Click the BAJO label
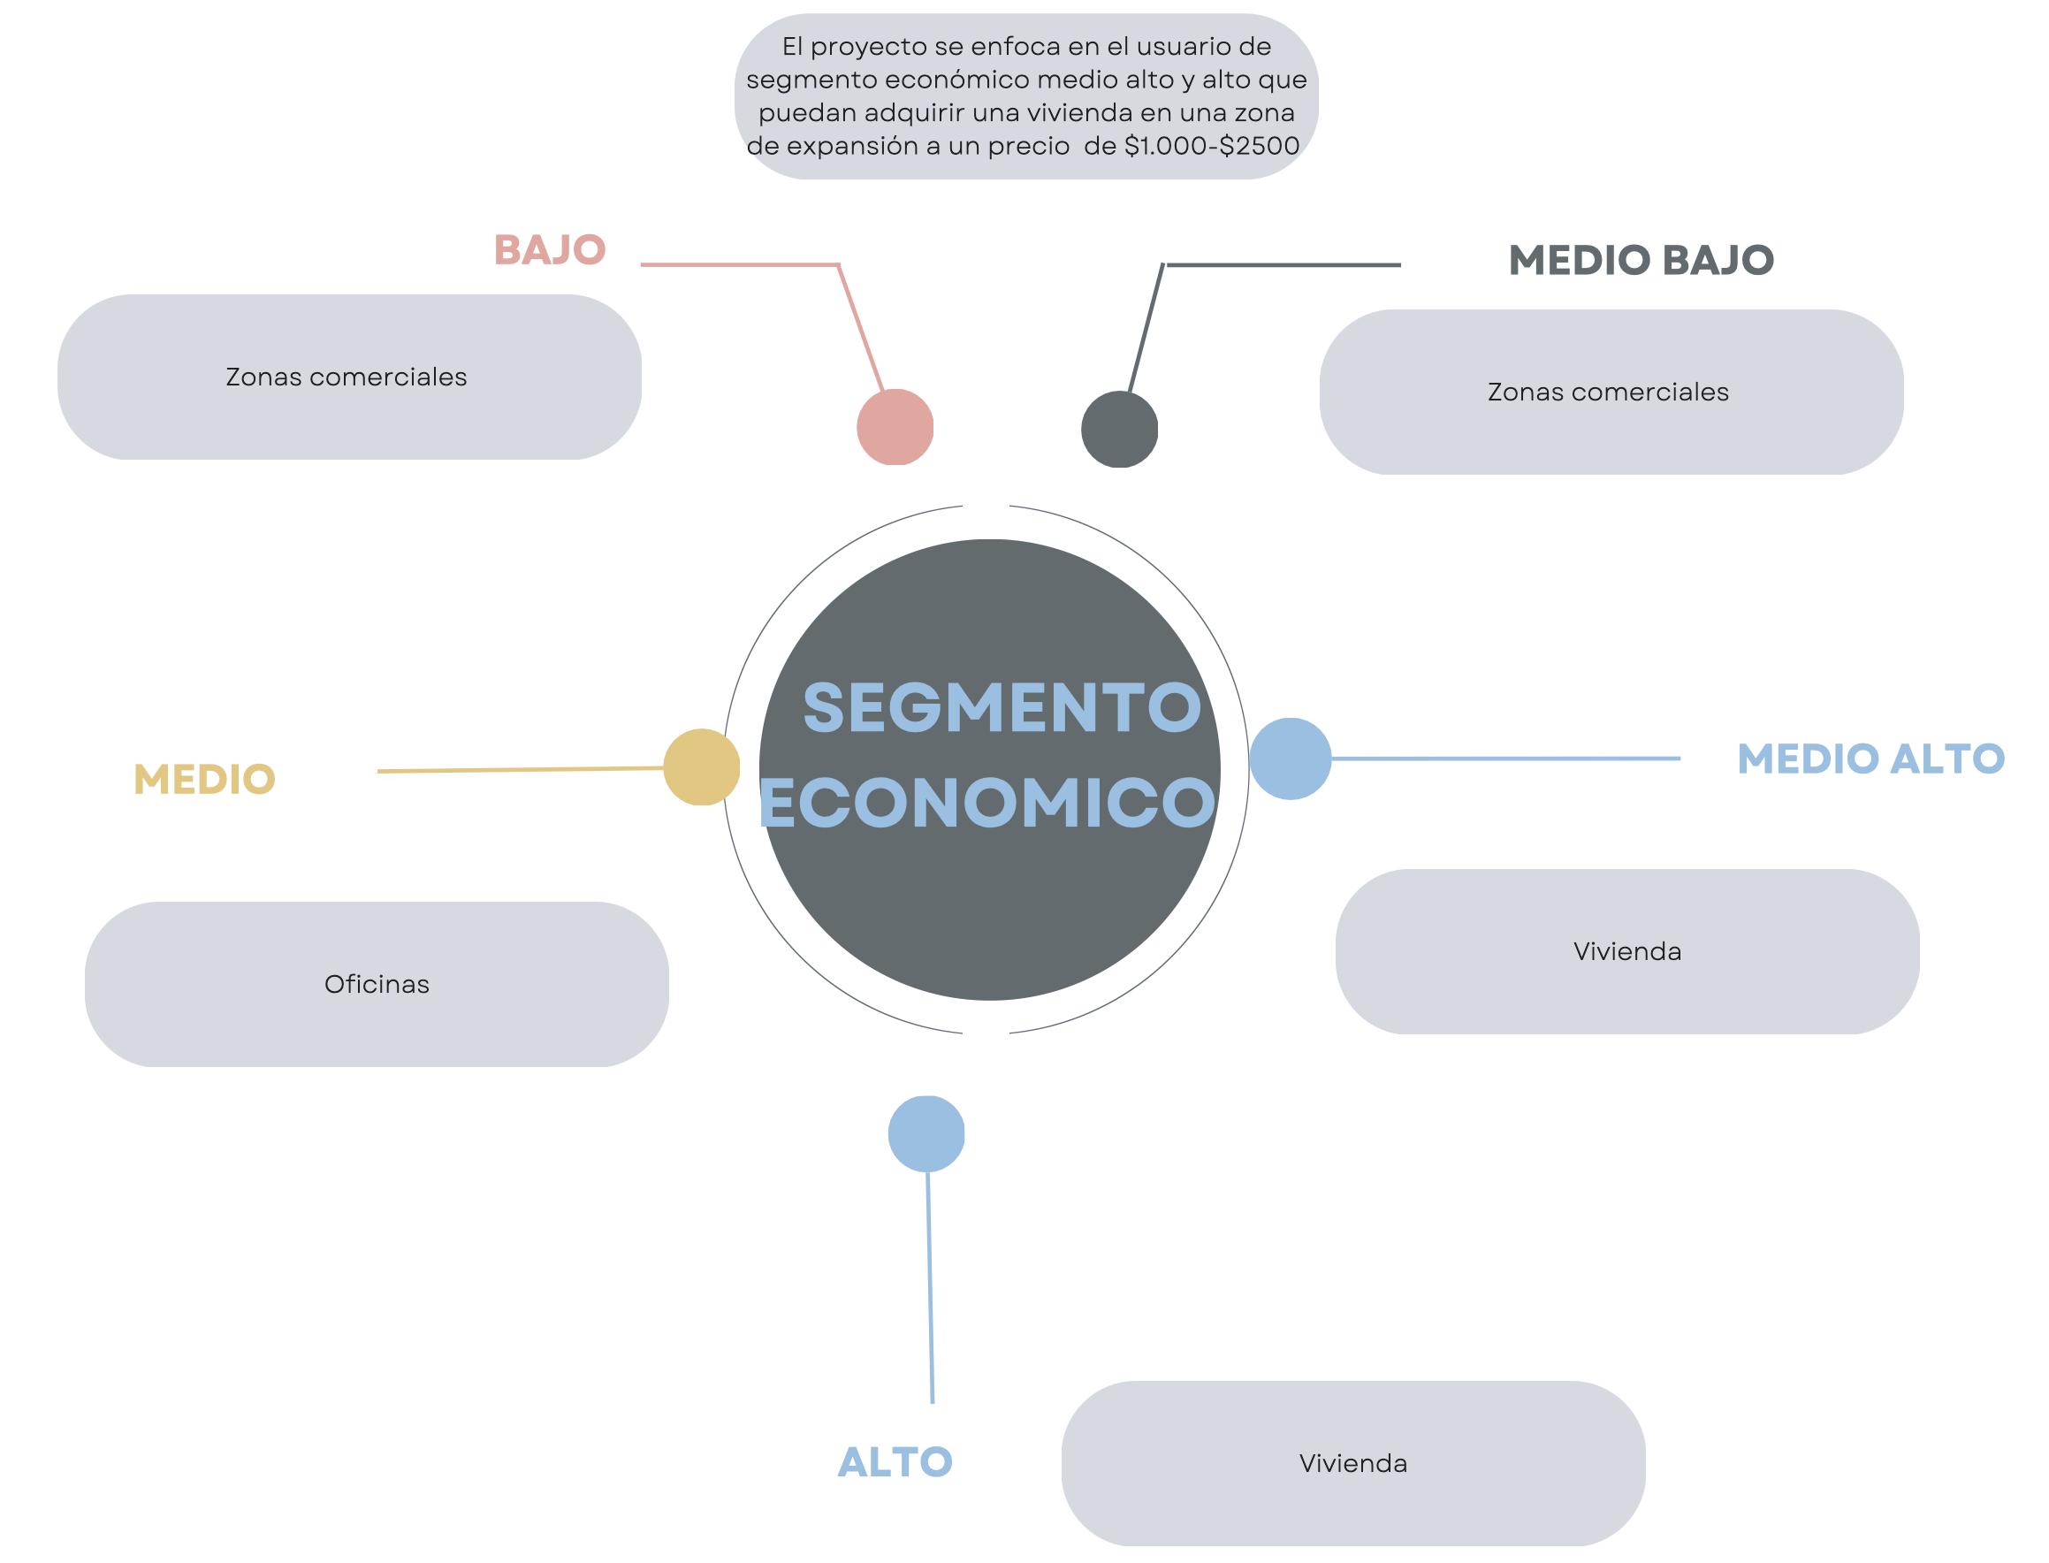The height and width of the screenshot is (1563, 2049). pos(550,250)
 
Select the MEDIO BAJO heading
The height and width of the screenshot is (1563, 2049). pos(1641,261)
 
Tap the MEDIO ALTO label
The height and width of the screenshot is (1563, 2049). pos(1870,759)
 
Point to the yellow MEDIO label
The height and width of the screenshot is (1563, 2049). pos(204,780)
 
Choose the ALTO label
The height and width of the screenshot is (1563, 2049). pos(895,1462)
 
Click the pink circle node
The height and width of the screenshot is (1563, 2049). pos(895,427)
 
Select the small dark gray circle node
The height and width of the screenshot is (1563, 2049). pos(1119,429)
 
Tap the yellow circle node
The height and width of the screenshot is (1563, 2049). pos(701,766)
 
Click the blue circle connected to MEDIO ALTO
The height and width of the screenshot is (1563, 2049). pos(1289,759)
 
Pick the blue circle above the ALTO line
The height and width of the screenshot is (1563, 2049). pos(925,1134)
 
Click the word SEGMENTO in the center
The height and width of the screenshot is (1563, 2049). pos(1002,708)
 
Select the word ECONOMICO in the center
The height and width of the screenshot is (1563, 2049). pos(987,803)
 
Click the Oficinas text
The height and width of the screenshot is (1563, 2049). pos(377,984)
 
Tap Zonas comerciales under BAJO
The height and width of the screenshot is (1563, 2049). pos(346,377)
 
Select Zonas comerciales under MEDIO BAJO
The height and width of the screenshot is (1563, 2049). pos(1608,392)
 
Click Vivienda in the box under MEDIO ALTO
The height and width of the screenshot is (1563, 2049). pos(1626,952)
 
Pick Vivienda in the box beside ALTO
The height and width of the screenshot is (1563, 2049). pos(1352,1463)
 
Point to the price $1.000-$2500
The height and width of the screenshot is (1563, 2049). pos(1212,146)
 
